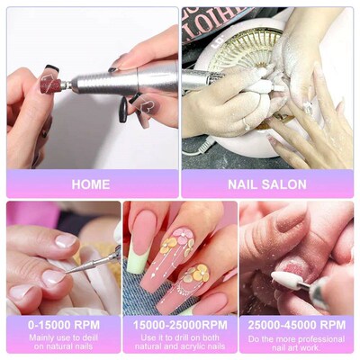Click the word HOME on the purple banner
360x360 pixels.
pyautogui.click(x=90, y=184)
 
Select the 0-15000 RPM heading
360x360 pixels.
pyautogui.click(x=62, y=323)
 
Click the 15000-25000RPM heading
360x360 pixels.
pyautogui.click(x=179, y=323)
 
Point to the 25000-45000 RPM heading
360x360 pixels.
pyautogui.click(x=296, y=323)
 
